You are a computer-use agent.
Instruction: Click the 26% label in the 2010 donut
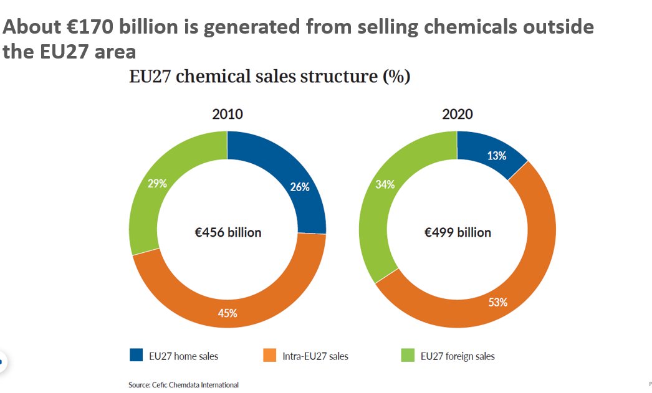(x=300, y=187)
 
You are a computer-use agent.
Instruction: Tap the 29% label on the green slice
(x=157, y=183)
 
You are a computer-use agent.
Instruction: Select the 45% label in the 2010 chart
(x=227, y=313)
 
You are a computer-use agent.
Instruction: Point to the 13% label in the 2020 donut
(x=497, y=156)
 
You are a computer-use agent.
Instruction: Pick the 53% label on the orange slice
(x=497, y=303)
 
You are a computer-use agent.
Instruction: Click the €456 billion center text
(x=228, y=233)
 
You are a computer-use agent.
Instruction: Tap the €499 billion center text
(x=458, y=233)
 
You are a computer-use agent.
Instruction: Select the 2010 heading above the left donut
(x=228, y=115)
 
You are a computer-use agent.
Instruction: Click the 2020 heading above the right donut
(x=458, y=115)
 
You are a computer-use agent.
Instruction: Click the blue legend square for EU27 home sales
(x=136, y=356)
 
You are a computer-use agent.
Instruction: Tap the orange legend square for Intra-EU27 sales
(x=270, y=356)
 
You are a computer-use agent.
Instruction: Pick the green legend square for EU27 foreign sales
(x=406, y=356)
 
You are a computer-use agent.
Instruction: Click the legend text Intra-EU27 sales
(x=316, y=357)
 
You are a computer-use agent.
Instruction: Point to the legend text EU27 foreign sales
(x=458, y=357)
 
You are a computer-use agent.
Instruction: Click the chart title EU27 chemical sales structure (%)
(x=269, y=77)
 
